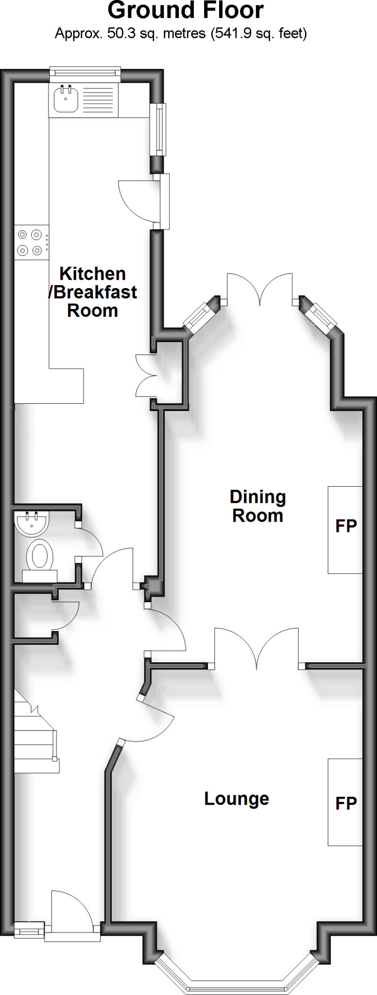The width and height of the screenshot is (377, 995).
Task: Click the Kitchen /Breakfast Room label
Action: tap(92, 292)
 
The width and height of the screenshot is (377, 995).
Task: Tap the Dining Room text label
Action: tap(257, 506)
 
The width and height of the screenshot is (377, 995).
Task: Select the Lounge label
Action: tap(237, 798)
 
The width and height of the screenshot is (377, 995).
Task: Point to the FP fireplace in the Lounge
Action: tap(345, 802)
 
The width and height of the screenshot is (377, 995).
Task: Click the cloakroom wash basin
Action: tap(32, 523)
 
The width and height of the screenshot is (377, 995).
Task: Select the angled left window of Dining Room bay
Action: tap(200, 317)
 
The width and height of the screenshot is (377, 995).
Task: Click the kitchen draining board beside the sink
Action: tap(100, 99)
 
